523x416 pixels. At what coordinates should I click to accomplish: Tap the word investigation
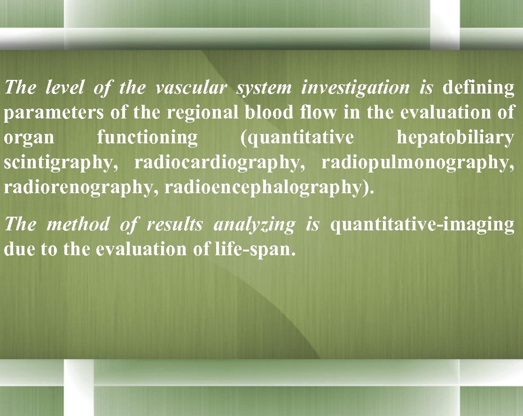[x=355, y=88]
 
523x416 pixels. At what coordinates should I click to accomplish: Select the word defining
[x=479, y=88]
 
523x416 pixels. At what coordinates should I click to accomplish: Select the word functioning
[x=147, y=139]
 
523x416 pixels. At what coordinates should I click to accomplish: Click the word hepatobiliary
[x=455, y=138]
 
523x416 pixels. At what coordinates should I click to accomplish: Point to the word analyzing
[x=254, y=225]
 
